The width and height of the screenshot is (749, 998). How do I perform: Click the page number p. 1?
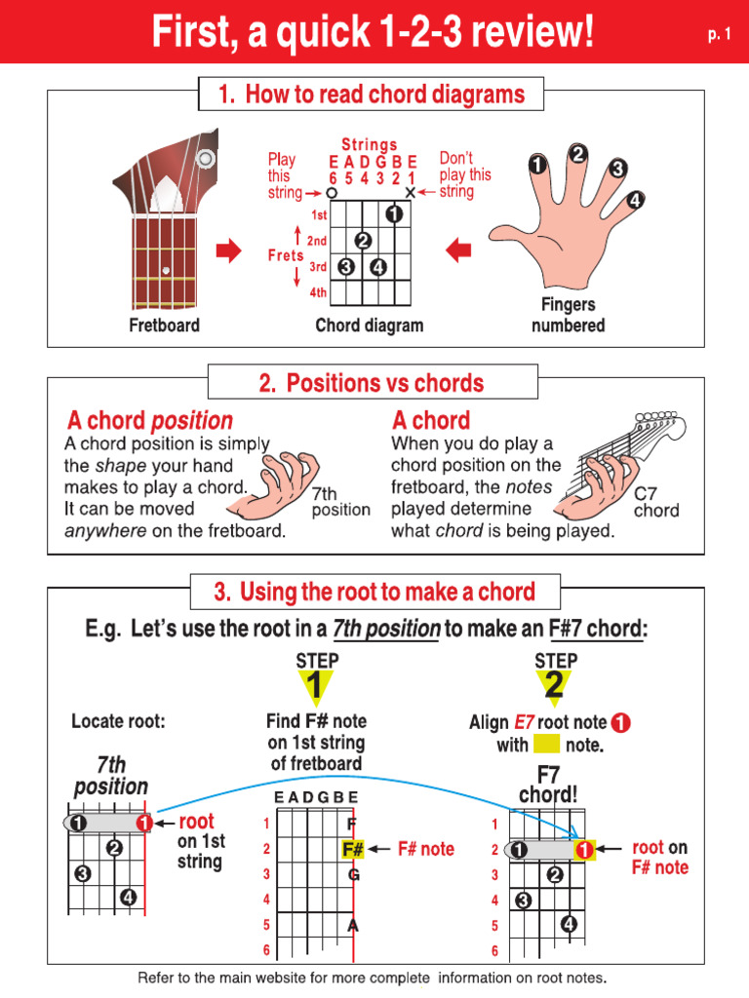(x=719, y=35)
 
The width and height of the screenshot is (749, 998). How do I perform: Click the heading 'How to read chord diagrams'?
(x=372, y=95)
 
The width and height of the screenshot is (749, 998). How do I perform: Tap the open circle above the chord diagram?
(x=332, y=193)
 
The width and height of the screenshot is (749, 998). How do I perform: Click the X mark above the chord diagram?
(x=411, y=193)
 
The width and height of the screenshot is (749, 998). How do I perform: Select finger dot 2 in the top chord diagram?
(x=363, y=241)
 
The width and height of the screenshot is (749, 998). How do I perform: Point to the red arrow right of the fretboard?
(x=228, y=252)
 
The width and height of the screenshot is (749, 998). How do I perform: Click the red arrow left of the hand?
(x=458, y=251)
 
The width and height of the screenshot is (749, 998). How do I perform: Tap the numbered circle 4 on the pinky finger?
(x=635, y=201)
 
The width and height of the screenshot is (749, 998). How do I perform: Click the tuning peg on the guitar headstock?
(x=206, y=158)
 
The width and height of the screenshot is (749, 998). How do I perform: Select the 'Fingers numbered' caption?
(x=568, y=315)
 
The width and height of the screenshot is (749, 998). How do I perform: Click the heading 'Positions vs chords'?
(x=372, y=383)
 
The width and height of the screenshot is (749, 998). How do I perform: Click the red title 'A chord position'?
(x=149, y=421)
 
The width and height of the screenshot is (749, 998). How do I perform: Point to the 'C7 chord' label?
(x=655, y=502)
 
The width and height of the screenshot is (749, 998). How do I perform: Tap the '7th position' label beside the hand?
(x=340, y=502)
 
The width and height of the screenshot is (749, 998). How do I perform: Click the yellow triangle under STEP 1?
(x=316, y=688)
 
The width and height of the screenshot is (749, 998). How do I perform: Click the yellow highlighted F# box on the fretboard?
(x=353, y=849)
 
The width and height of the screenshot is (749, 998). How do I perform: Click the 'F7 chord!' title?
(x=548, y=785)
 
